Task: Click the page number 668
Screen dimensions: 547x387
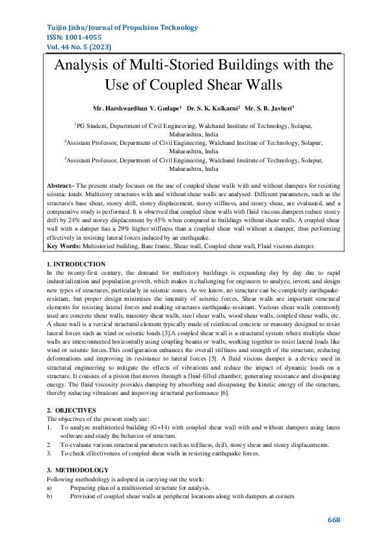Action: (334, 520)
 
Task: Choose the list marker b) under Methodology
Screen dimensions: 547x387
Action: (49, 496)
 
